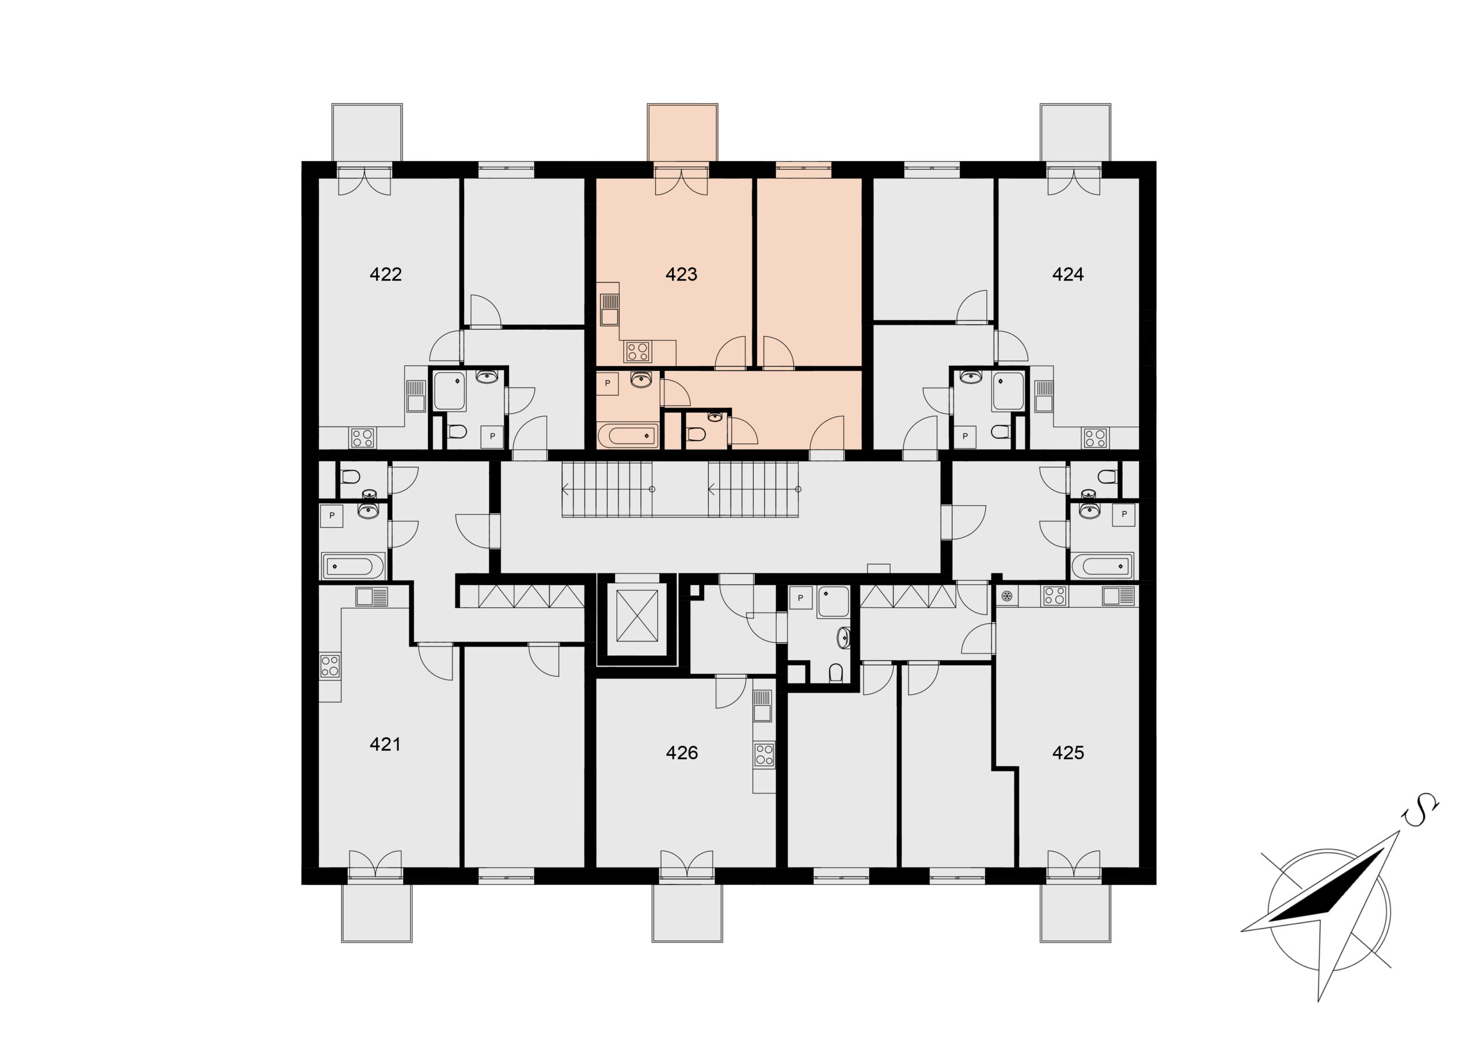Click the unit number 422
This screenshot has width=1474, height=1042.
tap(386, 274)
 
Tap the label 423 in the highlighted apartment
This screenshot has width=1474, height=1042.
tap(681, 274)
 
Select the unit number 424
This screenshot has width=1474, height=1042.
tap(1067, 274)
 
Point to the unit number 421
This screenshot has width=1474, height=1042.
tap(385, 744)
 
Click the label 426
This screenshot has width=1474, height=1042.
tap(681, 752)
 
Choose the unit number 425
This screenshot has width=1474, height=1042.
tap(1067, 752)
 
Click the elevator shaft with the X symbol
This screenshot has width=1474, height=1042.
tap(637, 615)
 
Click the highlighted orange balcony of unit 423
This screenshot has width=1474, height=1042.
tap(682, 132)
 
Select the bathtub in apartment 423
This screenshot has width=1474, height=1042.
tap(628, 436)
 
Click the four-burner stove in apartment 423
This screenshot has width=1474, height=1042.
tap(638, 351)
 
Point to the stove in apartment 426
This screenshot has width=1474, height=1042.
tap(764, 754)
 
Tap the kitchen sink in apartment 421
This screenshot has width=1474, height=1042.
tap(373, 597)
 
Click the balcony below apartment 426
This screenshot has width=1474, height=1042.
tap(687, 912)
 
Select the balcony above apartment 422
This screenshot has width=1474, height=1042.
tap(367, 132)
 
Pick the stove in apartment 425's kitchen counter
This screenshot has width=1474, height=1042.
tap(1054, 596)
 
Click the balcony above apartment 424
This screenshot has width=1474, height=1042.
tap(1076, 132)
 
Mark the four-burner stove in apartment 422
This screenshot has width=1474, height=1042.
tap(362, 438)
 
